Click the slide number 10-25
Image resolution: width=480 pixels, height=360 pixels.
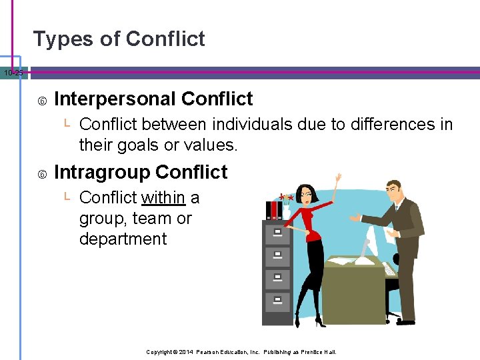[x=12, y=72]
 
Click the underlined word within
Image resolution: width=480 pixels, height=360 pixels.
[x=163, y=198]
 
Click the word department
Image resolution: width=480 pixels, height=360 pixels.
[x=123, y=239]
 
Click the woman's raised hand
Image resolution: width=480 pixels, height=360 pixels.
[x=339, y=179]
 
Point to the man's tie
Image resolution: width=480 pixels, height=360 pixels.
[x=396, y=207]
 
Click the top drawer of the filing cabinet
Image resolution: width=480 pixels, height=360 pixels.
[x=277, y=233]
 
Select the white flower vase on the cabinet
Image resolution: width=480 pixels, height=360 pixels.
[x=287, y=211]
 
